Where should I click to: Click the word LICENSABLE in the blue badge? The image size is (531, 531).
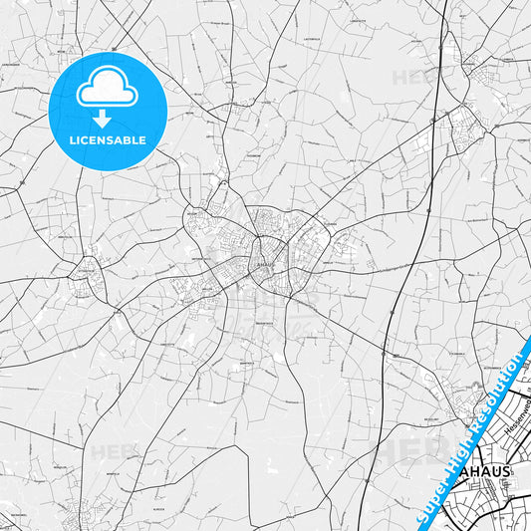(x=107, y=139)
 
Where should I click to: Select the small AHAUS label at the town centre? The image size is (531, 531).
(x=263, y=264)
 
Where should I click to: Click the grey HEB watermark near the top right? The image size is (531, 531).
(x=409, y=77)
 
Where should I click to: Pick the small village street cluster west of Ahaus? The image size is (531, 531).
(x=88, y=280)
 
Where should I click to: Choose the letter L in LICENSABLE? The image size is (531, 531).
(x=72, y=139)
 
